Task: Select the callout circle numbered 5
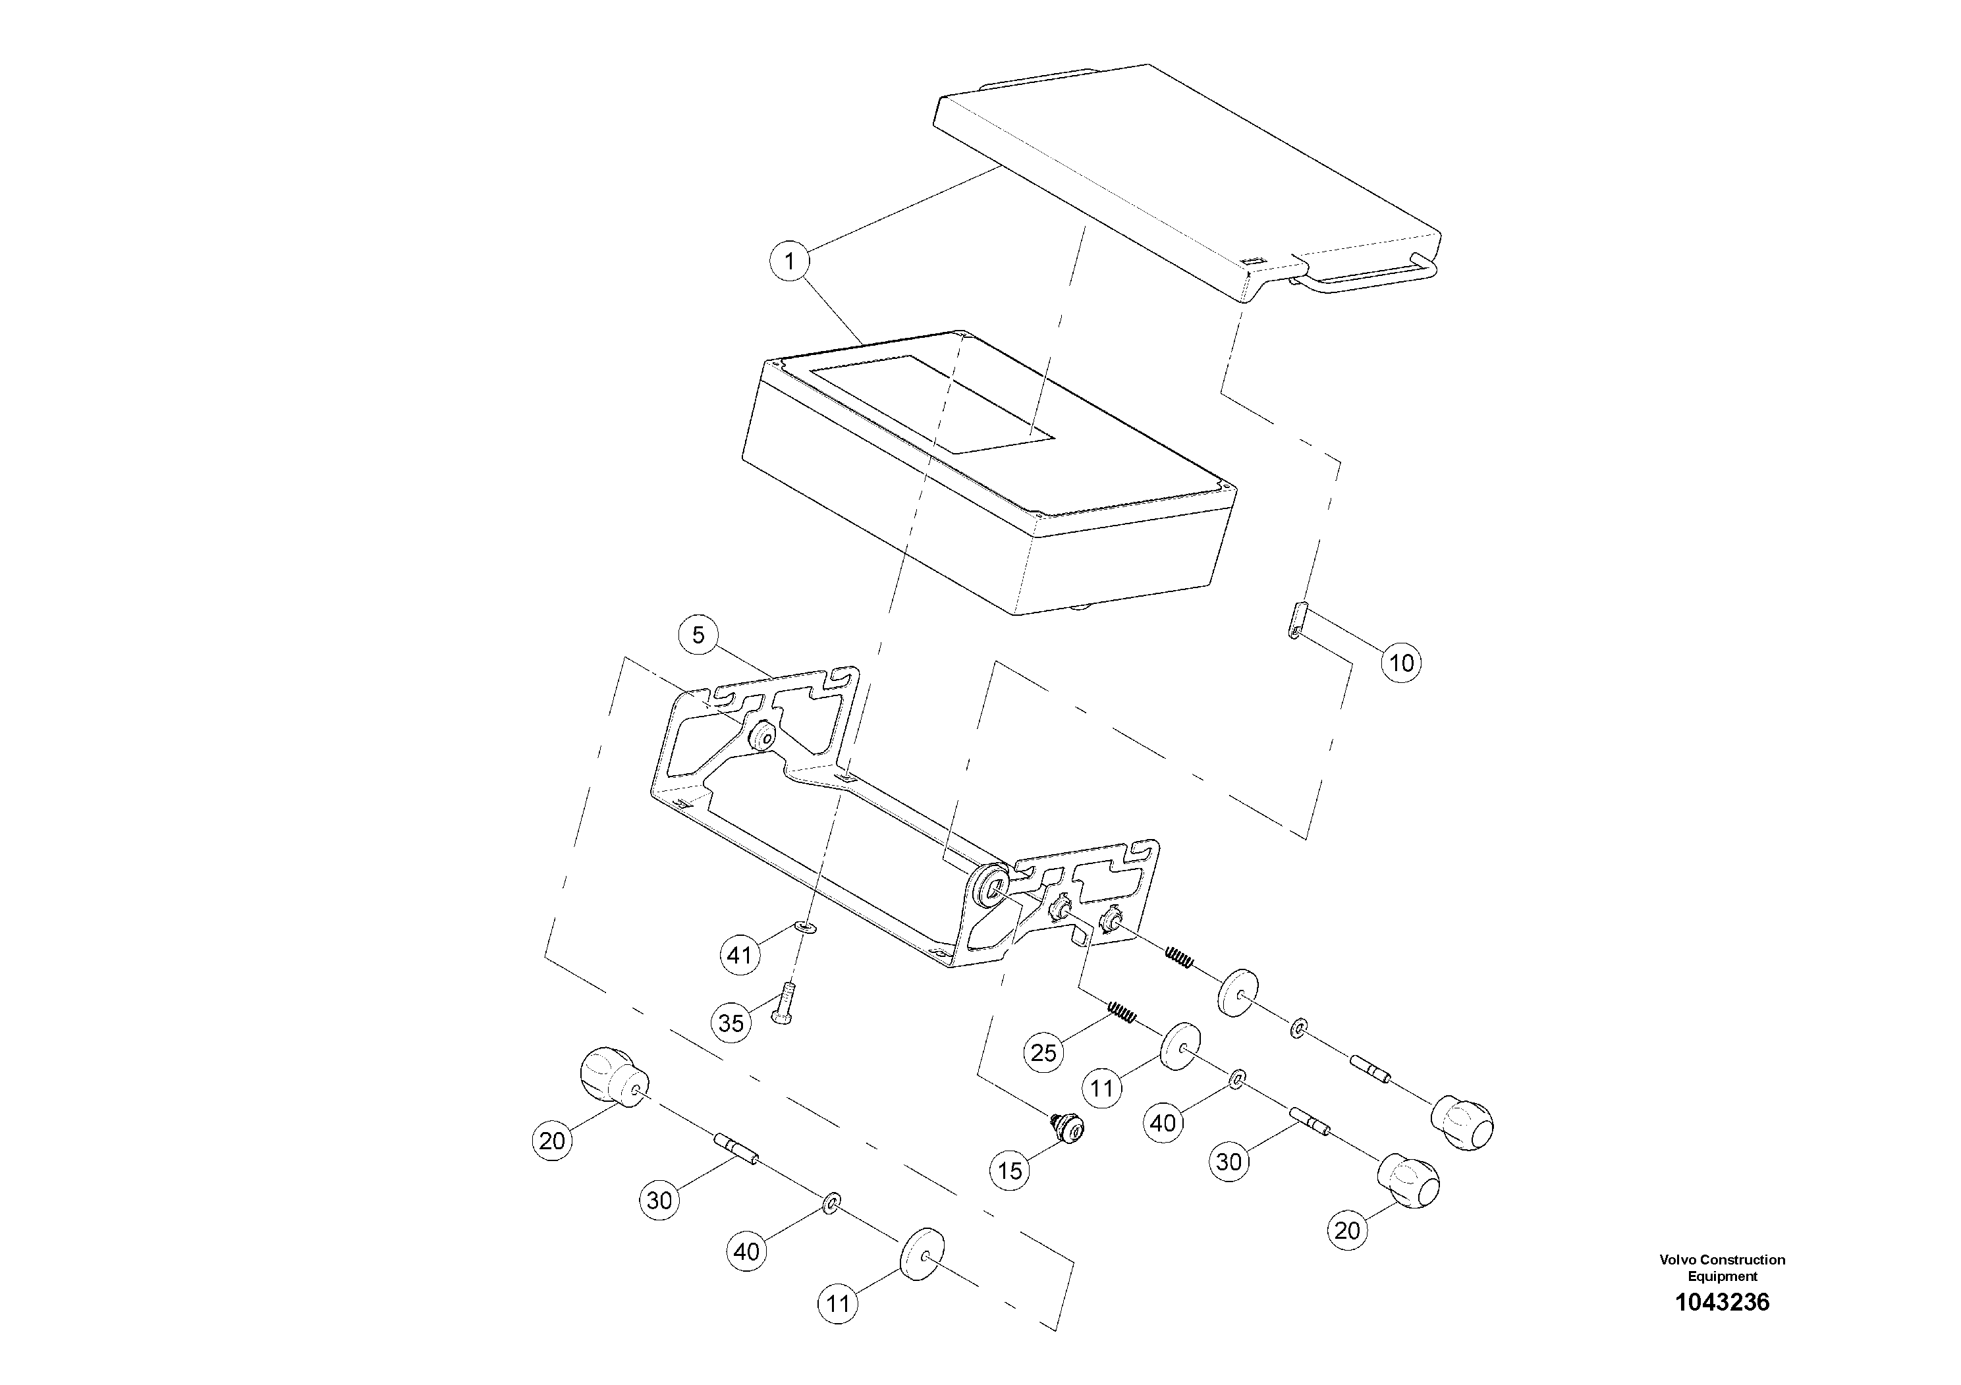click(699, 636)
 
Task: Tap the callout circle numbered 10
click(1402, 663)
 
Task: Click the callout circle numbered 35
click(731, 1023)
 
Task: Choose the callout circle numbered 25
click(1043, 1053)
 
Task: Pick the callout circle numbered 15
click(1010, 1171)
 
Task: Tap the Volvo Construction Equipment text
click(1722, 1267)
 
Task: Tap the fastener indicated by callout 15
click(1068, 1127)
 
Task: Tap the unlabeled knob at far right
click(1462, 1124)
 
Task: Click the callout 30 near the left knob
click(659, 1201)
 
